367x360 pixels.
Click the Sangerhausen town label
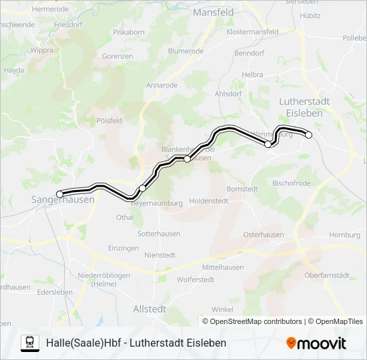coord(63,200)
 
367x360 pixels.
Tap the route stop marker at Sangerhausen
coord(60,194)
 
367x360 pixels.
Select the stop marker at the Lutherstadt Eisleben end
coord(309,135)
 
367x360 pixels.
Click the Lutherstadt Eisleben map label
coord(304,107)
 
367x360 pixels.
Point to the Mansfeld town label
coord(213,12)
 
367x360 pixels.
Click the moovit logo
coord(316,343)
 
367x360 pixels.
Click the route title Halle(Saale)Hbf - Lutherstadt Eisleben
coord(136,343)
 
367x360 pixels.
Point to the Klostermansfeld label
coord(252,31)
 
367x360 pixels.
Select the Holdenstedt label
coord(209,200)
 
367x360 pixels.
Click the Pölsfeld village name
coord(109,121)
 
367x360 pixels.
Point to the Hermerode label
coord(50,9)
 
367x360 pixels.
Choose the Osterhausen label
coord(263,235)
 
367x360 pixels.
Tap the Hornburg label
coord(345,235)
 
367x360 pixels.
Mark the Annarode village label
coord(161,85)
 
